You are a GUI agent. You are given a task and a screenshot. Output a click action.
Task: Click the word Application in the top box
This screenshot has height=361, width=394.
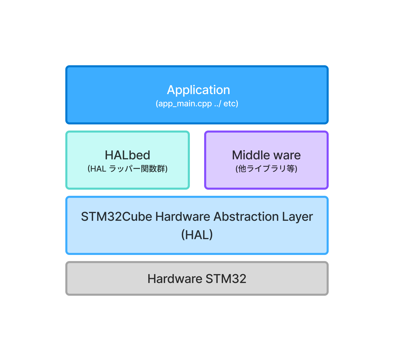click(x=198, y=90)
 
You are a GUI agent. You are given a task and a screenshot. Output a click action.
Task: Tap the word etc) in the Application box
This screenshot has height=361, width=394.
click(x=231, y=104)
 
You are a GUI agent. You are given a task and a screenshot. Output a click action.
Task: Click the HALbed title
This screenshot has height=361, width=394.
click(x=127, y=155)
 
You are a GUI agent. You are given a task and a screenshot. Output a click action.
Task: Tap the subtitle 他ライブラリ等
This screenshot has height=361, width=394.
click(x=266, y=169)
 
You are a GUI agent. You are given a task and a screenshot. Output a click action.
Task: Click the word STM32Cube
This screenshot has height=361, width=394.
click(x=117, y=217)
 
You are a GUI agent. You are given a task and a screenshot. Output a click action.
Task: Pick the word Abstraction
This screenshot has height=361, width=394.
click(x=246, y=217)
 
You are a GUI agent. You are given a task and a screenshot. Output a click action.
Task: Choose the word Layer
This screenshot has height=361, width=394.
click(x=297, y=217)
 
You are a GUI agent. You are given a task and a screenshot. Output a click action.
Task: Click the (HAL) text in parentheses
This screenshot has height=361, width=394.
click(x=197, y=235)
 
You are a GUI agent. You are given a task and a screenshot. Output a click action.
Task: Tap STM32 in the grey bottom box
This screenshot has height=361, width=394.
click(x=226, y=279)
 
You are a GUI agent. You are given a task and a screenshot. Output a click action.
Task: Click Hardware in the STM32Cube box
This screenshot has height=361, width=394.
click(x=183, y=217)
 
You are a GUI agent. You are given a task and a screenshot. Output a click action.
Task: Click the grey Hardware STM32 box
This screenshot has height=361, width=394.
click(x=197, y=278)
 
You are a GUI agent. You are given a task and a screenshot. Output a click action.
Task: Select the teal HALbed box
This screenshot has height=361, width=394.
click(x=127, y=160)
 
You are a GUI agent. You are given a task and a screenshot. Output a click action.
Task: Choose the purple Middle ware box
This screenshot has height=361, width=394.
click(x=266, y=160)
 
